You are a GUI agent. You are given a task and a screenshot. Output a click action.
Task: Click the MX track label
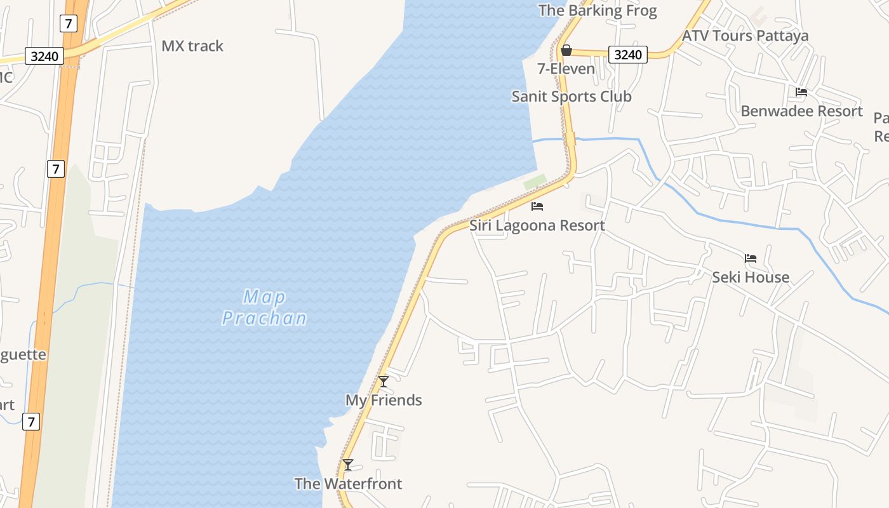click(x=192, y=46)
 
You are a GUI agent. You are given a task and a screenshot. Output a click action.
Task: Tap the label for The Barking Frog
click(x=597, y=10)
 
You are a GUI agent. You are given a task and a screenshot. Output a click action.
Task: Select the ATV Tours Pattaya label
click(x=745, y=36)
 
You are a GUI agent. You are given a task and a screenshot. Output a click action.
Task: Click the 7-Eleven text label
click(x=566, y=69)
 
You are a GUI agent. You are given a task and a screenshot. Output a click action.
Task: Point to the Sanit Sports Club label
click(x=571, y=97)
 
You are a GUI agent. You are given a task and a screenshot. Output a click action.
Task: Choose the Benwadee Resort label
click(x=801, y=111)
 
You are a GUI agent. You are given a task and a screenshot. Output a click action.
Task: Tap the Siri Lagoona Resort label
click(x=537, y=225)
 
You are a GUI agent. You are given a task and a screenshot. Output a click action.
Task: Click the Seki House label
click(x=751, y=277)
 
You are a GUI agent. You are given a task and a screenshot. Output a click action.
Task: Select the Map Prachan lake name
click(x=264, y=307)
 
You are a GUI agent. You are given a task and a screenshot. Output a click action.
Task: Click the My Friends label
click(x=384, y=400)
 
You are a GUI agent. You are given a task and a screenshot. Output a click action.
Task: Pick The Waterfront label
click(x=348, y=484)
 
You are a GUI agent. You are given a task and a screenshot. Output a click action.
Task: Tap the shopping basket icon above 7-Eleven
click(x=566, y=50)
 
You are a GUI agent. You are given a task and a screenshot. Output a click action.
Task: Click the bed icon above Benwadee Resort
click(x=801, y=92)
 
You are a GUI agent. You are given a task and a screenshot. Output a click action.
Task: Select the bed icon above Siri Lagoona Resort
click(x=537, y=206)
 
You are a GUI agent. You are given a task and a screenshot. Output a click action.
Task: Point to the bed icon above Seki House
click(x=751, y=258)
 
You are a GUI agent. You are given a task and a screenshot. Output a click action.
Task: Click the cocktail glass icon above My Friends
click(x=384, y=382)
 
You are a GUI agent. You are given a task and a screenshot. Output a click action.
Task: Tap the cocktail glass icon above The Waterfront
click(x=348, y=465)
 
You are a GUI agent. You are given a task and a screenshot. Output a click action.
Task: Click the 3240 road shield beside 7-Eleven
click(x=628, y=55)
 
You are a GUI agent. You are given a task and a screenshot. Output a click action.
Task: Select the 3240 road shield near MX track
click(x=44, y=57)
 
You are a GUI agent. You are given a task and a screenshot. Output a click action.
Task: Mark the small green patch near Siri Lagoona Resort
click(x=535, y=182)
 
